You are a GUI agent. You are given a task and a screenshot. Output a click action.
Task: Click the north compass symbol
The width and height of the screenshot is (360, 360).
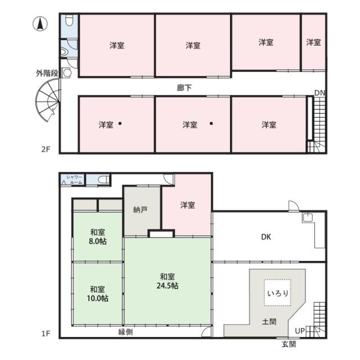pos(40,24)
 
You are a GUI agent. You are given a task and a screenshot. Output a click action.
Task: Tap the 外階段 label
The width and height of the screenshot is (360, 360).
pos(47,74)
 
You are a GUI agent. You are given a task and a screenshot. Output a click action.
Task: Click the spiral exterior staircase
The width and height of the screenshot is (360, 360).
pos(48,100)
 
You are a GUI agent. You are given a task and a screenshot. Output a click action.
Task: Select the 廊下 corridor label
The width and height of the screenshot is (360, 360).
pos(184,88)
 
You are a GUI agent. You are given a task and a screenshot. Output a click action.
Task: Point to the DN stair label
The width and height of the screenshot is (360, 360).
pos(320,93)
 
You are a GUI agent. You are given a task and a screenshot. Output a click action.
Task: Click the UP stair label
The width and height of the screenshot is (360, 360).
pos(300,331)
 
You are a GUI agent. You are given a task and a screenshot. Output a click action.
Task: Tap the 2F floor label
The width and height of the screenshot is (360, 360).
pos(46,149)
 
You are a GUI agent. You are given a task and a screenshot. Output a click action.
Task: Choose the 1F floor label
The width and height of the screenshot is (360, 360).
pos(46,334)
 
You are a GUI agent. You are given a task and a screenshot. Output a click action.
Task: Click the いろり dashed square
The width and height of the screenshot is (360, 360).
pos(277,292)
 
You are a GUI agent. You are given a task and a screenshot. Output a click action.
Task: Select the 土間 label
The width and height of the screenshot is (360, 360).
pos(269,321)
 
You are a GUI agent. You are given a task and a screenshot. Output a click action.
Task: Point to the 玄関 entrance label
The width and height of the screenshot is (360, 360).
pos(289,344)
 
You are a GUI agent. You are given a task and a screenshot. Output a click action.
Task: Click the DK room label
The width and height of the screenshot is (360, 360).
pos(266,237)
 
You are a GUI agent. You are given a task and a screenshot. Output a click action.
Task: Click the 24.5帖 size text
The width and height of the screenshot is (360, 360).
pos(168,286)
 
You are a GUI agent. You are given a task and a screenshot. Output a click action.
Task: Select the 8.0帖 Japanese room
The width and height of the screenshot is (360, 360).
pos(97,237)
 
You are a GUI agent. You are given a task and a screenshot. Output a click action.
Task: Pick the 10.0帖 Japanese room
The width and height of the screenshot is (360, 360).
pos(97,294)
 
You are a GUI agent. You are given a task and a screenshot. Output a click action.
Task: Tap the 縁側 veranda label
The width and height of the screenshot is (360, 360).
pos(125,332)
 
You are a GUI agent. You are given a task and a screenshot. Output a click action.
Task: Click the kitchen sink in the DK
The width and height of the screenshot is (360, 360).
pos(308,218)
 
